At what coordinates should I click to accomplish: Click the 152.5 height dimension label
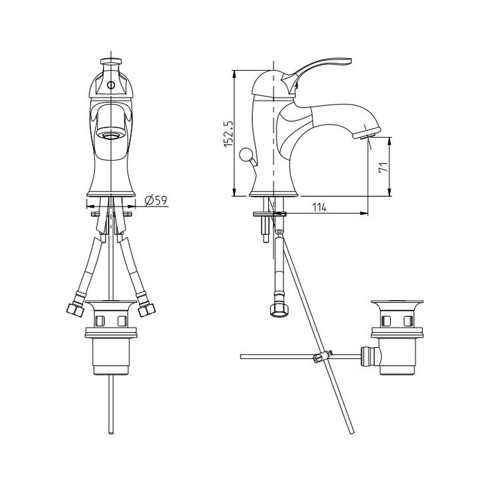(x=228, y=133)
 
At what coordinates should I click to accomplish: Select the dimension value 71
(x=383, y=168)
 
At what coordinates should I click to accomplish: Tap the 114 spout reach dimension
(x=319, y=208)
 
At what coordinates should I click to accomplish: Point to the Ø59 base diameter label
(x=156, y=200)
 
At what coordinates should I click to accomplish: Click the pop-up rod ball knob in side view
(x=245, y=154)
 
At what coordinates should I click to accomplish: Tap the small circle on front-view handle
(x=111, y=85)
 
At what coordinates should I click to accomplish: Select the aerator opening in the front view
(x=111, y=135)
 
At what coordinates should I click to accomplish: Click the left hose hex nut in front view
(x=75, y=310)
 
